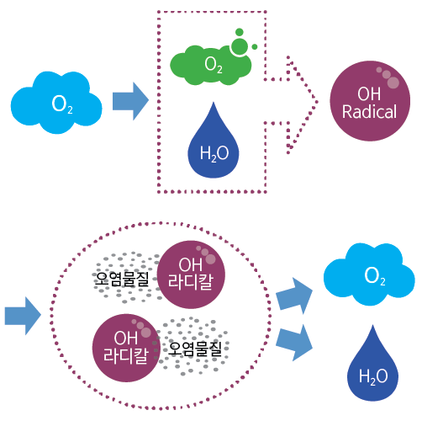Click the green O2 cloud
click(211, 65)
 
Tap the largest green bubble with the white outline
click(240, 46)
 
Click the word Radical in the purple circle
click(369, 112)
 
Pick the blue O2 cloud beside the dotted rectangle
click(56, 103)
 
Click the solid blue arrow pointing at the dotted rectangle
click(130, 101)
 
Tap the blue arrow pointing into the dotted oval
click(23, 316)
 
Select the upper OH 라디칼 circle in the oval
click(191, 274)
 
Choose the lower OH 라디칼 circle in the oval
click(126, 348)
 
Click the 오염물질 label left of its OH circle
click(122, 279)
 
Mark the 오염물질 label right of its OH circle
click(195, 349)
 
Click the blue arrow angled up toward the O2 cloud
click(294, 296)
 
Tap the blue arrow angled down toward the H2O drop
click(294, 343)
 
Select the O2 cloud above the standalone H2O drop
click(369, 274)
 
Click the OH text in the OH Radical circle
click(369, 93)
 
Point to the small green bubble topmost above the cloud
click(240, 32)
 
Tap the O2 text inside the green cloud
click(214, 65)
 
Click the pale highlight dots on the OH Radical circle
click(388, 77)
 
